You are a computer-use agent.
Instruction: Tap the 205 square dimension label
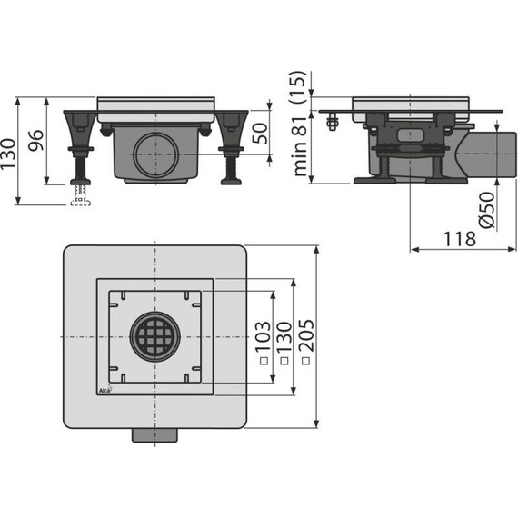306,337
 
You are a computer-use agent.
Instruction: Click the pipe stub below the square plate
156,435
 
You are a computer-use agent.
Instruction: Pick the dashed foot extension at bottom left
80,199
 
